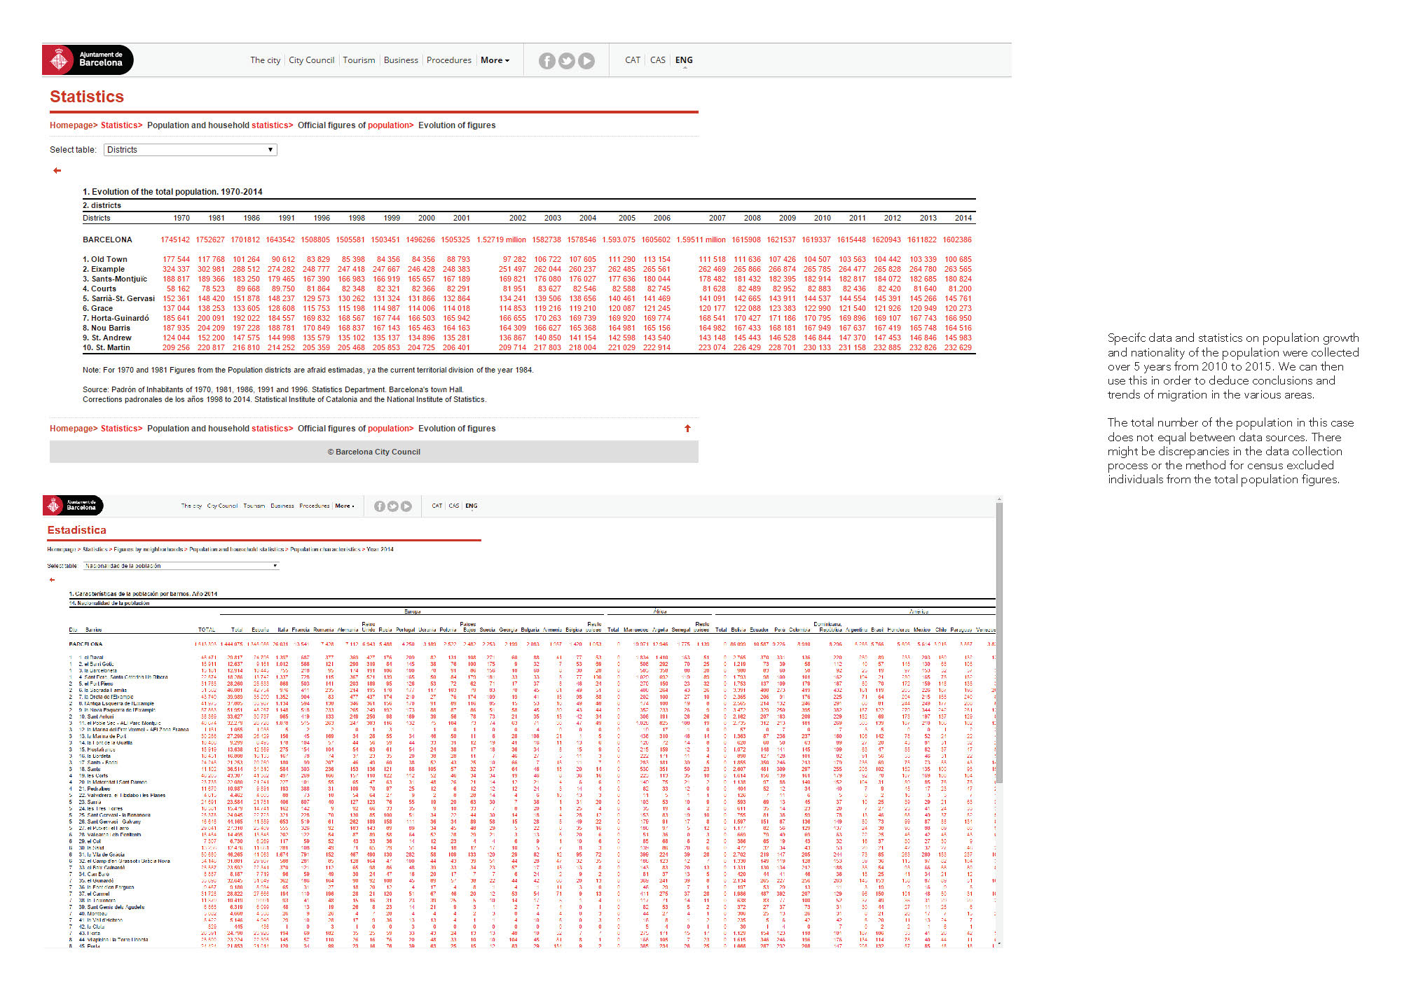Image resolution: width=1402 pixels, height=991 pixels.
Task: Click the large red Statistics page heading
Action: [87, 97]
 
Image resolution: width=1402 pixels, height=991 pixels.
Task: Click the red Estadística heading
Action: [77, 530]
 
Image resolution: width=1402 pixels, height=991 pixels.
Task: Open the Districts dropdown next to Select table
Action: [191, 150]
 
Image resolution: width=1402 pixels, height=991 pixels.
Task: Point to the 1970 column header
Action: [181, 218]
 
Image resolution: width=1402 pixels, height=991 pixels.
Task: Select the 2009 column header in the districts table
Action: [787, 218]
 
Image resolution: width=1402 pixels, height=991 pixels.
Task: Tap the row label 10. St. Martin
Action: [106, 347]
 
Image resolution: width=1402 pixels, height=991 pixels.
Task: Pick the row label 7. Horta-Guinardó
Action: [116, 318]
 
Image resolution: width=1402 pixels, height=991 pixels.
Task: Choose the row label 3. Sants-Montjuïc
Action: [115, 279]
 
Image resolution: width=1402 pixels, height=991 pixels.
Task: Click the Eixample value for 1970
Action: [176, 269]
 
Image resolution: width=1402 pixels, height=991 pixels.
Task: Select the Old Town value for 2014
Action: [958, 259]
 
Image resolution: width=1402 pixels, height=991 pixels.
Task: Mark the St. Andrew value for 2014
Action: [958, 338]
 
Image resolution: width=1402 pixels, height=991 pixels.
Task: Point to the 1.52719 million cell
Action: [501, 240]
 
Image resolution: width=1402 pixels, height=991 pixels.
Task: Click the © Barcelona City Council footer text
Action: [374, 452]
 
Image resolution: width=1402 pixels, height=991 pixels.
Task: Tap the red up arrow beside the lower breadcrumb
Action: [687, 429]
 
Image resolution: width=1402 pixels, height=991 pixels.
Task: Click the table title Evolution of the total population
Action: [172, 192]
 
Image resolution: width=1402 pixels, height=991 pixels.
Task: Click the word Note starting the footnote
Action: [91, 370]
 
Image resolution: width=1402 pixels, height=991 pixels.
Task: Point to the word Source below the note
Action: [95, 389]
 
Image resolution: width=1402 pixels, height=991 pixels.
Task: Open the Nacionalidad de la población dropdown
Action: [181, 566]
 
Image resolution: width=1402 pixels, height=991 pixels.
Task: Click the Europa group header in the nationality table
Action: [412, 611]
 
